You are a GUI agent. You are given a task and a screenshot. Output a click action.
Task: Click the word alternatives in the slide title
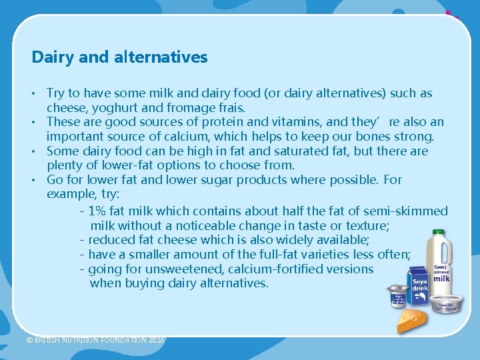pyautogui.click(x=159, y=57)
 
